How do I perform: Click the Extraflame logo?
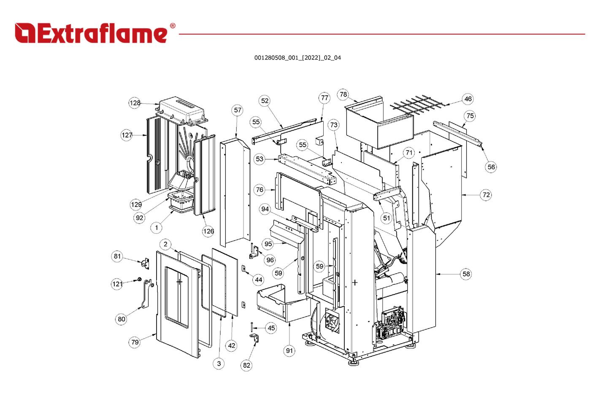pyautogui.click(x=91, y=33)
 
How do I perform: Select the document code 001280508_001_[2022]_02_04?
pyautogui.click(x=297, y=58)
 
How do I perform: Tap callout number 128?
pyautogui.click(x=135, y=103)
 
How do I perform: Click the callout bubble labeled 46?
pyautogui.click(x=468, y=99)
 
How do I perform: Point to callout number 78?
pyautogui.click(x=343, y=94)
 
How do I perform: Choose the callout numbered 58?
pyautogui.click(x=466, y=274)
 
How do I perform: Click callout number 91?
pyautogui.click(x=289, y=350)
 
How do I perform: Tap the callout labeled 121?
pyautogui.click(x=117, y=284)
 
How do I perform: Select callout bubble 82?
pyautogui.click(x=246, y=366)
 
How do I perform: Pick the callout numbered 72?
pyautogui.click(x=486, y=195)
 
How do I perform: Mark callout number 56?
pyautogui.click(x=491, y=167)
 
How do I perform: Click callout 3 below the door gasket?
pyautogui.click(x=219, y=363)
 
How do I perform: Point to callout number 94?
pyautogui.click(x=265, y=209)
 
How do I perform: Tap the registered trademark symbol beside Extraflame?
pyautogui.click(x=172, y=26)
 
